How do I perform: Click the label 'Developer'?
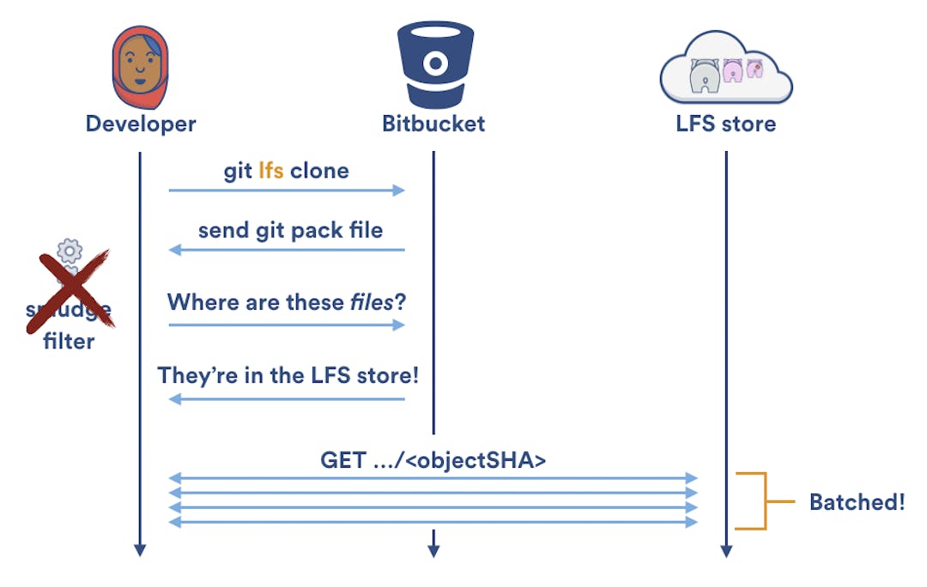pos(141,124)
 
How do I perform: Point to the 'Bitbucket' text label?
pos(433,124)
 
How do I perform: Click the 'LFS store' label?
pos(725,124)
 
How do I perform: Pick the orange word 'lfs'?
pos(270,170)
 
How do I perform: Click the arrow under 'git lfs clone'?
pos(286,191)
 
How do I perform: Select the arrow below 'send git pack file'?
pos(286,250)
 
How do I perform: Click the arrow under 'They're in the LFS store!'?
pos(286,399)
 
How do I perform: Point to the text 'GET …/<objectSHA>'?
pos(433,460)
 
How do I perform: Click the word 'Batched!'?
pos(857,502)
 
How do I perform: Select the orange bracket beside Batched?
pos(751,500)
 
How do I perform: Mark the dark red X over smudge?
pos(70,289)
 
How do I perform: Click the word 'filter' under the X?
pos(70,341)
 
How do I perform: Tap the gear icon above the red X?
pos(70,251)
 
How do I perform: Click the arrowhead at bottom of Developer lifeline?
pos(140,550)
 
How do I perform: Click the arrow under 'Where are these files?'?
pos(286,325)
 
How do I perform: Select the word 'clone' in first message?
pos(319,170)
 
